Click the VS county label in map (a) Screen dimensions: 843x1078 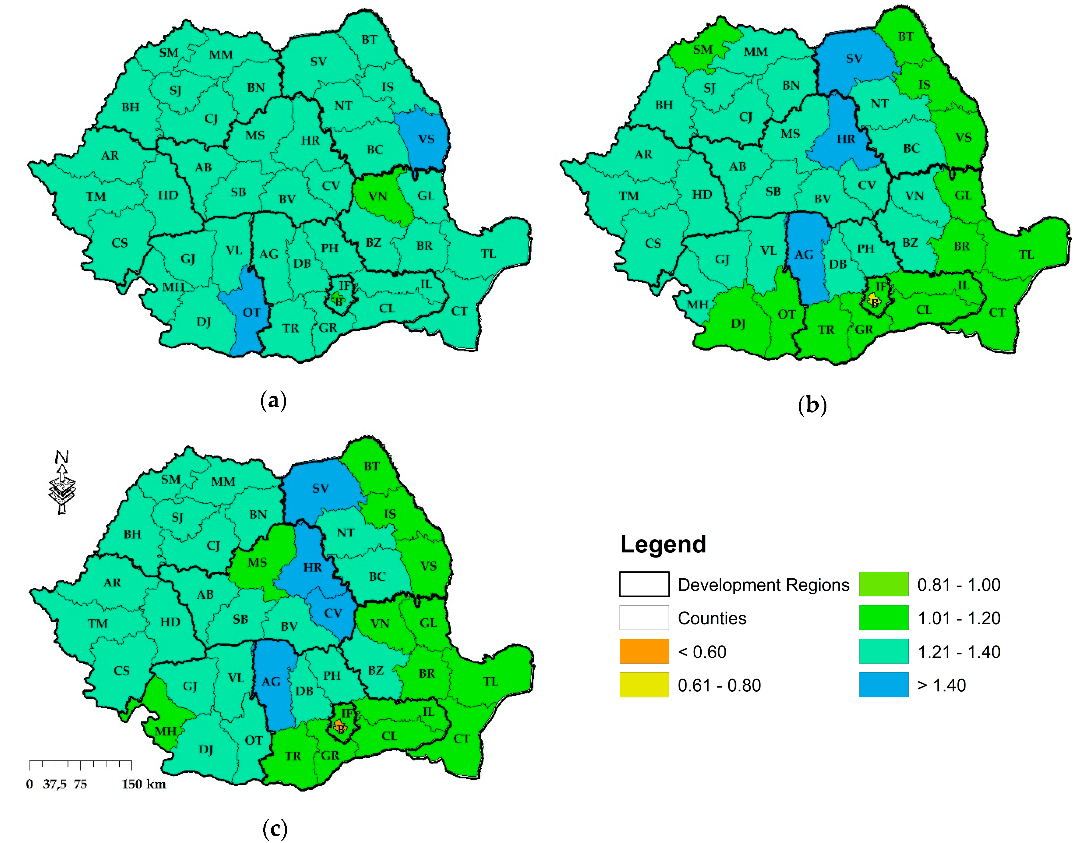(x=426, y=139)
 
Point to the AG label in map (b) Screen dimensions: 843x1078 (x=804, y=255)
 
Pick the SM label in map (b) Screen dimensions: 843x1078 (x=703, y=50)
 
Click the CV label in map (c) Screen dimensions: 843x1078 (x=333, y=613)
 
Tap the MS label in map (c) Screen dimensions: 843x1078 (x=257, y=563)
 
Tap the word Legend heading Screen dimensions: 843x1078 (x=663, y=544)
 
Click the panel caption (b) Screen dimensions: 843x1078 (x=812, y=405)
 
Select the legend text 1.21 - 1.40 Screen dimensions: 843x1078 (x=959, y=652)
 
